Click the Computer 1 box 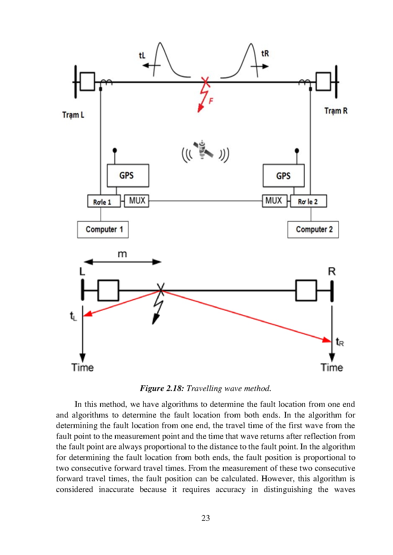(x=103, y=230)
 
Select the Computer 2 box (x=313, y=230)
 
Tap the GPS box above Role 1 (x=128, y=175)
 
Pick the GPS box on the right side (x=283, y=176)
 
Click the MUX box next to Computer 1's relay (x=136, y=201)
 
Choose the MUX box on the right (x=275, y=201)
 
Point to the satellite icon (x=203, y=150)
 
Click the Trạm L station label (x=73, y=115)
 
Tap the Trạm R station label (x=336, y=111)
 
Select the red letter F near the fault (x=211, y=101)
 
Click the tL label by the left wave (x=142, y=56)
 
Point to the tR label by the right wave (x=265, y=54)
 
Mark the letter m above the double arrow (x=122, y=254)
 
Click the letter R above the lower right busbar (x=332, y=271)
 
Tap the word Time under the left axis (x=83, y=367)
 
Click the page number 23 (x=206, y=518)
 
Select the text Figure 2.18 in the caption (x=162, y=388)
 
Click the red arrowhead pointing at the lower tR (x=327, y=340)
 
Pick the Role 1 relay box (x=104, y=202)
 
